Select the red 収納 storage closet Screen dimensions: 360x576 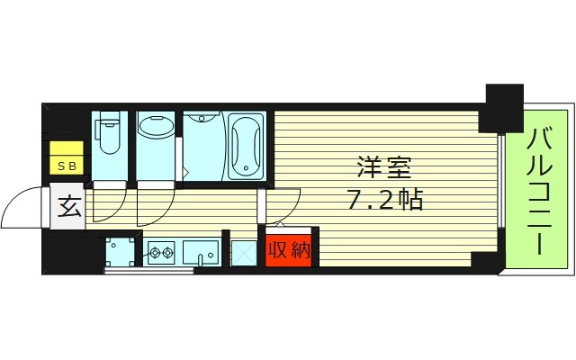pyautogui.click(x=289, y=249)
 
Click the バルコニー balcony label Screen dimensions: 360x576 pyautogui.click(x=539, y=191)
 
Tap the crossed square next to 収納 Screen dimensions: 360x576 pyautogui.click(x=243, y=252)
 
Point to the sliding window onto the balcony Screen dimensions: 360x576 pyautogui.click(x=499, y=193)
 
